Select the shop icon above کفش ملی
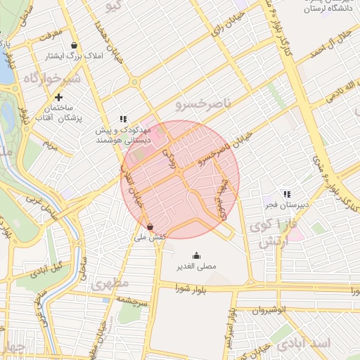(x=150, y=226)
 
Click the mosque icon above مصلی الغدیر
(x=195, y=255)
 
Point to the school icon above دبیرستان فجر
(x=286, y=193)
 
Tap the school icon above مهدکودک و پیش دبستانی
(x=123, y=119)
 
